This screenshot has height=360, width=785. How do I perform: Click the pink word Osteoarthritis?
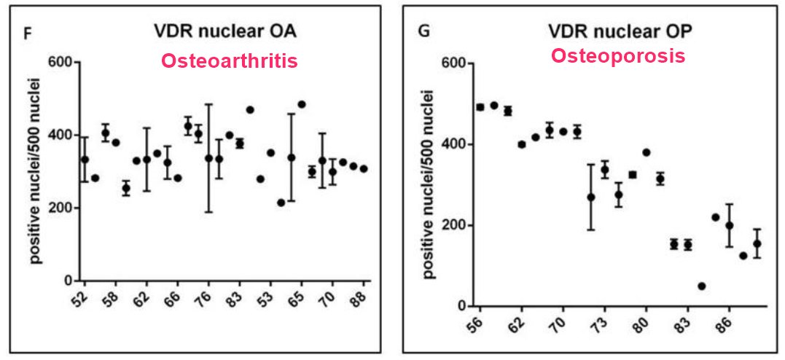tap(230, 60)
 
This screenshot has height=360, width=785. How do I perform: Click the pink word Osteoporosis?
tap(617, 55)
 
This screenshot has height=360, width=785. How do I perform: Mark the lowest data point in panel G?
tap(702, 286)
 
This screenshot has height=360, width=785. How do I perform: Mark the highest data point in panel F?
tap(302, 104)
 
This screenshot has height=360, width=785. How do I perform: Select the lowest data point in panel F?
tap(281, 203)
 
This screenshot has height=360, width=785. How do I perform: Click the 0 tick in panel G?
tap(461, 306)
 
